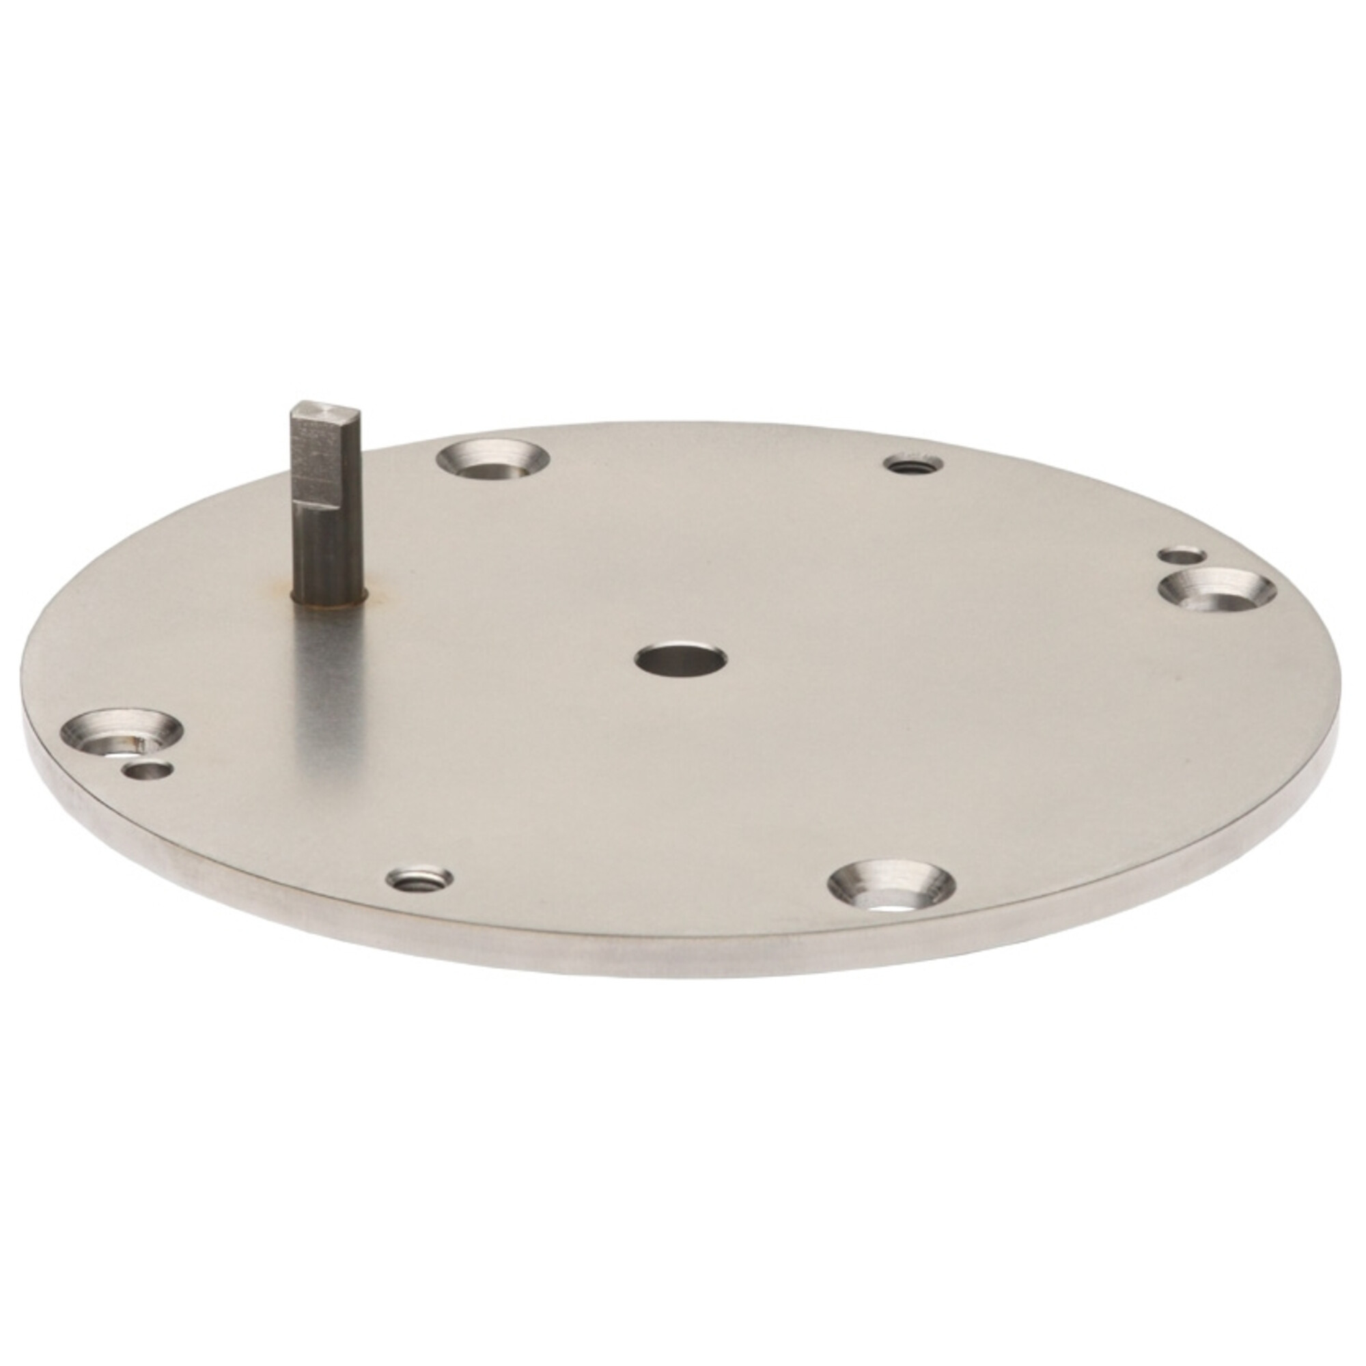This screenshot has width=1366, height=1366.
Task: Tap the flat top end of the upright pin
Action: pos(326,408)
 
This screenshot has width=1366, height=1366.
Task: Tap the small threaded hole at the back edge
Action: pos(912,464)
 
